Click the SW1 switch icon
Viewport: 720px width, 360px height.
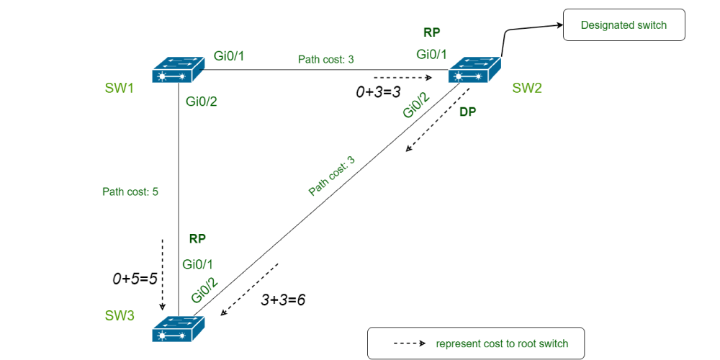[x=179, y=71]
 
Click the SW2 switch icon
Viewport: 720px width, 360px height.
[x=474, y=71]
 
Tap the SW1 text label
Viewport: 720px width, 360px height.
[x=120, y=89]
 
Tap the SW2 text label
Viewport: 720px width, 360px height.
[x=527, y=89]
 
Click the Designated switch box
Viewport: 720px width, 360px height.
[x=624, y=25]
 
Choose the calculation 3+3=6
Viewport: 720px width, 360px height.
[x=283, y=299]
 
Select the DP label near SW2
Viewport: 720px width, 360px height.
[x=468, y=112]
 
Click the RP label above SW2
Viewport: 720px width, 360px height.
[x=432, y=32]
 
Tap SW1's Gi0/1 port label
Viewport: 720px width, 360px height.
[x=230, y=55]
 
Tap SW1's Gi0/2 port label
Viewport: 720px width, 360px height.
[x=201, y=102]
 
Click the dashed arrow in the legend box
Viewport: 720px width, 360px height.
[x=410, y=343]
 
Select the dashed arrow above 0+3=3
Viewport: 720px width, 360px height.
[x=402, y=77]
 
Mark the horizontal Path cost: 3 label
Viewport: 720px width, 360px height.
[x=326, y=59]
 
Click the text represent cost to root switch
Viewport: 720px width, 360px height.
[x=502, y=343]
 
